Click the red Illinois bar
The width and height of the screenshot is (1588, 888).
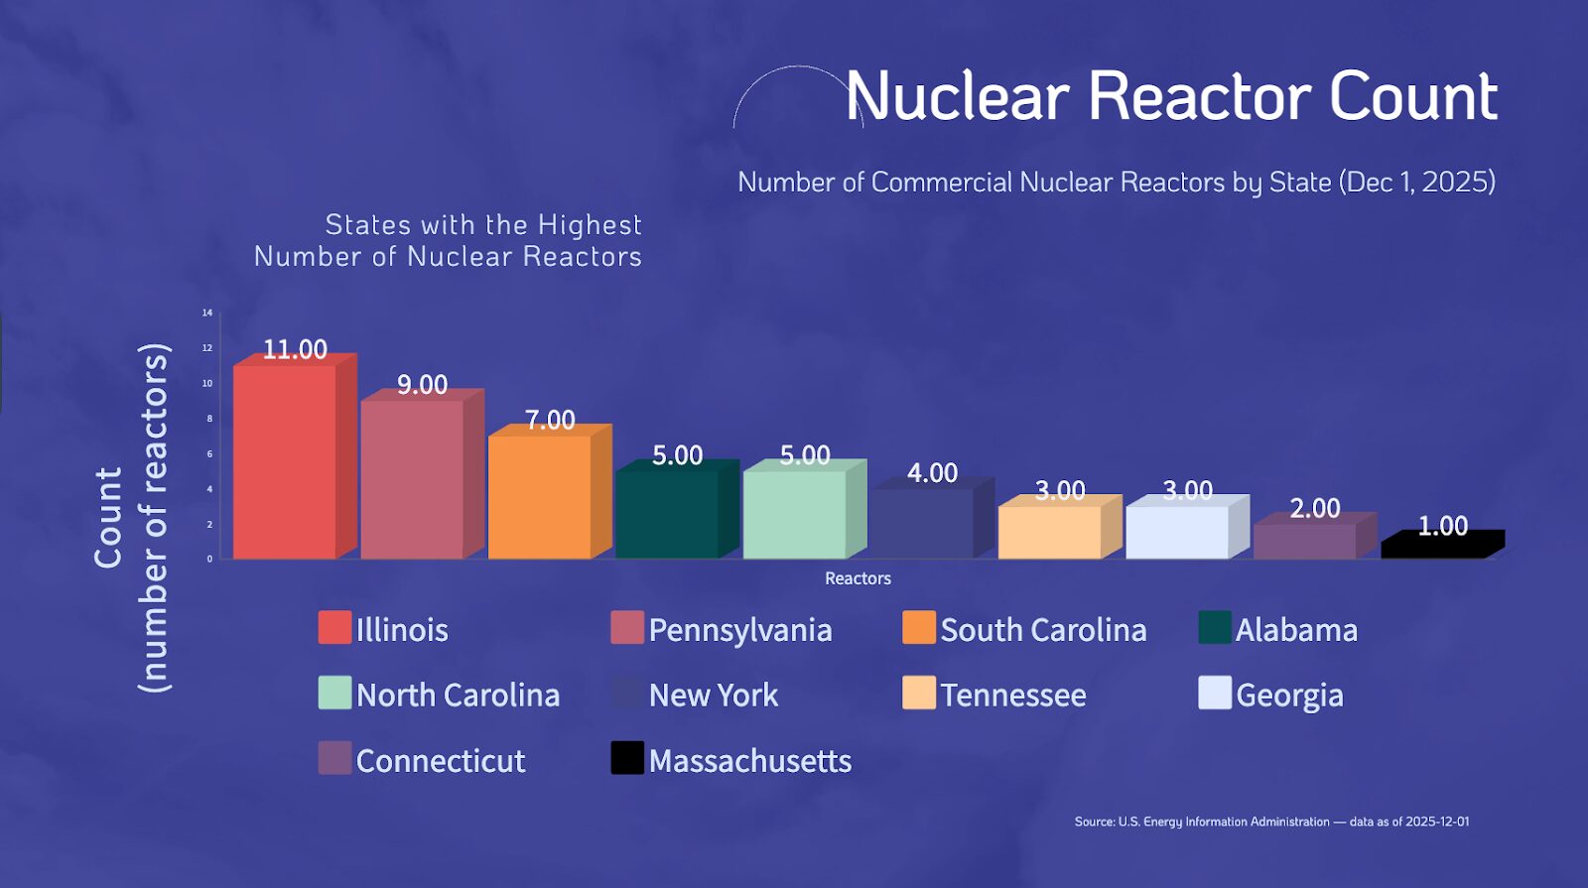click(x=285, y=461)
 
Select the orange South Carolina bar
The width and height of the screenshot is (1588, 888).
click(x=540, y=496)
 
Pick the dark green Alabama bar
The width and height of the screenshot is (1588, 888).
click(x=667, y=514)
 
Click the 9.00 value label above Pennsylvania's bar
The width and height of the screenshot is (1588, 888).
click(x=422, y=384)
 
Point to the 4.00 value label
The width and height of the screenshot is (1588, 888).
click(x=932, y=472)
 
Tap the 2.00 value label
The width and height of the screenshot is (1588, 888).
click(x=1314, y=508)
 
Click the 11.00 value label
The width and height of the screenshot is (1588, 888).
click(x=295, y=349)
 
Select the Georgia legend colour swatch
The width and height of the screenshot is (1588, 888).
click(x=1215, y=694)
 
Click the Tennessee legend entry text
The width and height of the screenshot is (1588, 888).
click(x=1012, y=695)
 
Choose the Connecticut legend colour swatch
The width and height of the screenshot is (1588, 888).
click(x=334, y=759)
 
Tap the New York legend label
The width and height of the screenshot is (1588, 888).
click(x=713, y=695)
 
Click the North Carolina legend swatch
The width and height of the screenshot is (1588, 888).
click(x=334, y=694)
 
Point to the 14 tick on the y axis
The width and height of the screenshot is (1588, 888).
click(x=207, y=313)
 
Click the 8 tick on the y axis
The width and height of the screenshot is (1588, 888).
click(x=209, y=419)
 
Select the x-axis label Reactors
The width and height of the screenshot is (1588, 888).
click(x=858, y=578)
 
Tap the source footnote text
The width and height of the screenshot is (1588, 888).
click(x=1271, y=822)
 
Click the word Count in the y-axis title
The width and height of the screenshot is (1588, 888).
click(x=108, y=518)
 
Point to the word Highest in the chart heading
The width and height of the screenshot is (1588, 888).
click(x=590, y=225)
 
